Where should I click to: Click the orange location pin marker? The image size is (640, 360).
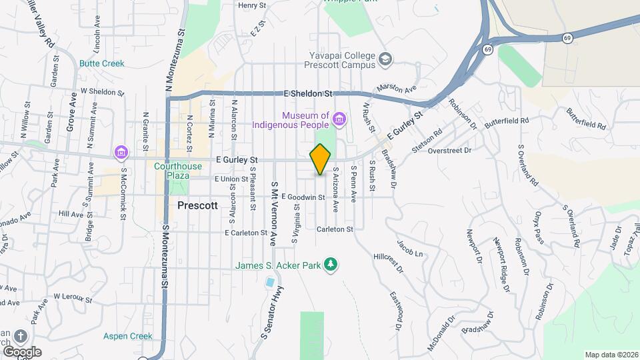click(320, 159)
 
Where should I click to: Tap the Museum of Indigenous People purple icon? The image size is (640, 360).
click(340, 120)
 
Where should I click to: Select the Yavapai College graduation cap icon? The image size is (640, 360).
click(385, 61)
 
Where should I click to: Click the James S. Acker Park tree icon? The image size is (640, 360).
click(331, 265)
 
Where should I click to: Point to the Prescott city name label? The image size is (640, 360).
click(198, 206)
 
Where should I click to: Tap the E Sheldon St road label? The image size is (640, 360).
click(307, 94)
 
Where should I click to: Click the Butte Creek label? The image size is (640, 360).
click(102, 63)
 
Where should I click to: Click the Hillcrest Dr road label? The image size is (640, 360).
click(389, 261)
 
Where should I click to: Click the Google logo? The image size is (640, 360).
click(22, 352)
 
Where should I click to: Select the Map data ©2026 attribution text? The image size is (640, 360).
click(611, 355)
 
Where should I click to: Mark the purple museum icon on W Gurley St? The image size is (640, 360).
click(121, 153)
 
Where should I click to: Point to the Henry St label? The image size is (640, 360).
click(252, 5)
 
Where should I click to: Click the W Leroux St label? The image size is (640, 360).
click(72, 297)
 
